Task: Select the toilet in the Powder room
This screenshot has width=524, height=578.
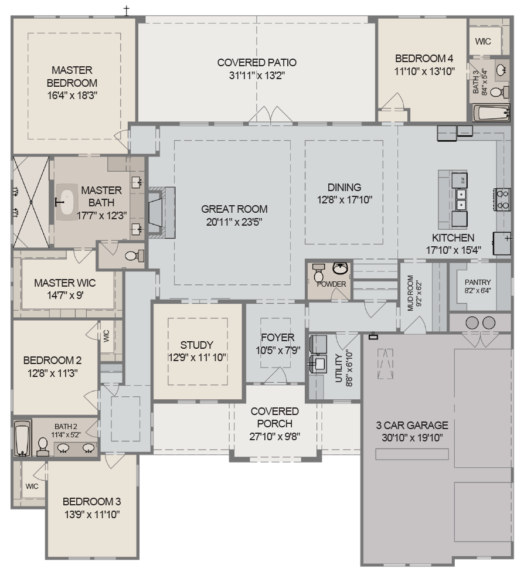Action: point(319,273)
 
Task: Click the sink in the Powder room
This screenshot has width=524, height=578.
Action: point(340,269)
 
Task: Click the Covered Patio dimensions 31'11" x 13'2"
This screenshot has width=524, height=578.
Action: point(257,75)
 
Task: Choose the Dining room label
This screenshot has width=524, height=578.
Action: point(344,188)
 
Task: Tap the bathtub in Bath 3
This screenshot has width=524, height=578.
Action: point(491,113)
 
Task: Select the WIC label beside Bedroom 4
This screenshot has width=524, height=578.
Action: point(483,42)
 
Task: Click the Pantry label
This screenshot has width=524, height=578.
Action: point(478,282)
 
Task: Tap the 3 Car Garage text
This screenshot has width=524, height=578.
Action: point(412,426)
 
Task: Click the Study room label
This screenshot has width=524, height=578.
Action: point(197,345)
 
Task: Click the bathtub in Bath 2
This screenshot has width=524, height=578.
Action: point(22,438)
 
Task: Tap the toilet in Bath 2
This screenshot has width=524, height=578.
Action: point(43,447)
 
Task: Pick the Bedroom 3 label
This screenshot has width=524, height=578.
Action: point(92,502)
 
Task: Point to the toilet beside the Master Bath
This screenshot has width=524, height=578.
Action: point(134,256)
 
